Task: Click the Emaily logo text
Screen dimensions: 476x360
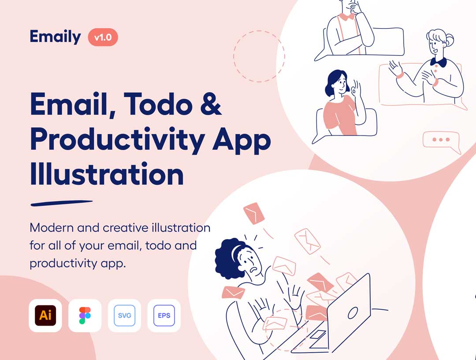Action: tap(55, 37)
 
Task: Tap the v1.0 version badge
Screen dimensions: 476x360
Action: tap(103, 37)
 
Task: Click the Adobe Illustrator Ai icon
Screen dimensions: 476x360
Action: tap(45, 315)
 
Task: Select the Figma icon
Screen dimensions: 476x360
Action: tap(85, 315)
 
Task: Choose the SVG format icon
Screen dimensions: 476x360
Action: tap(124, 315)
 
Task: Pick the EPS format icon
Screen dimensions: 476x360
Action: tap(164, 315)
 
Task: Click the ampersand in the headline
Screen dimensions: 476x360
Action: tap(211, 104)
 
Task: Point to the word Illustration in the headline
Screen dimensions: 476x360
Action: tap(107, 174)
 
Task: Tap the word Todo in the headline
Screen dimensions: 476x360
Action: tap(158, 104)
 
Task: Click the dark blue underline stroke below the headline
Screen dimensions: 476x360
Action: tap(62, 203)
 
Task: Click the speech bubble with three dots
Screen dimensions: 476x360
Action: tap(442, 141)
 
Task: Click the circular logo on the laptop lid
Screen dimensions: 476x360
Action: tap(353, 313)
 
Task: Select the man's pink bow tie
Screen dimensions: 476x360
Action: tap(347, 16)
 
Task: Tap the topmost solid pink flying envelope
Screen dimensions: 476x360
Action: tap(254, 213)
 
